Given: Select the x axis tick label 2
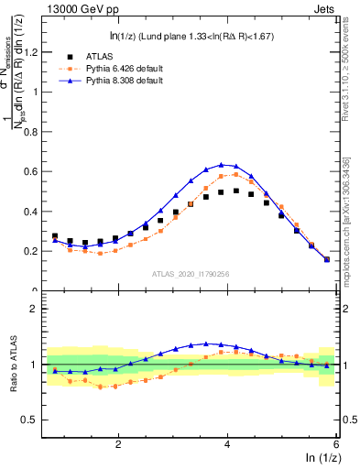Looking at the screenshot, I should [x=118, y=443].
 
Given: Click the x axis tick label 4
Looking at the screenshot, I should [x=227, y=443].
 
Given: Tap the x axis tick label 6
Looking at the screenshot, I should [x=335, y=443].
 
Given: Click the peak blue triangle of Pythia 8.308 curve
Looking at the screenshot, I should [x=222, y=165].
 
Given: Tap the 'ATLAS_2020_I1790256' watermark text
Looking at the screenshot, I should [x=191, y=273].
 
